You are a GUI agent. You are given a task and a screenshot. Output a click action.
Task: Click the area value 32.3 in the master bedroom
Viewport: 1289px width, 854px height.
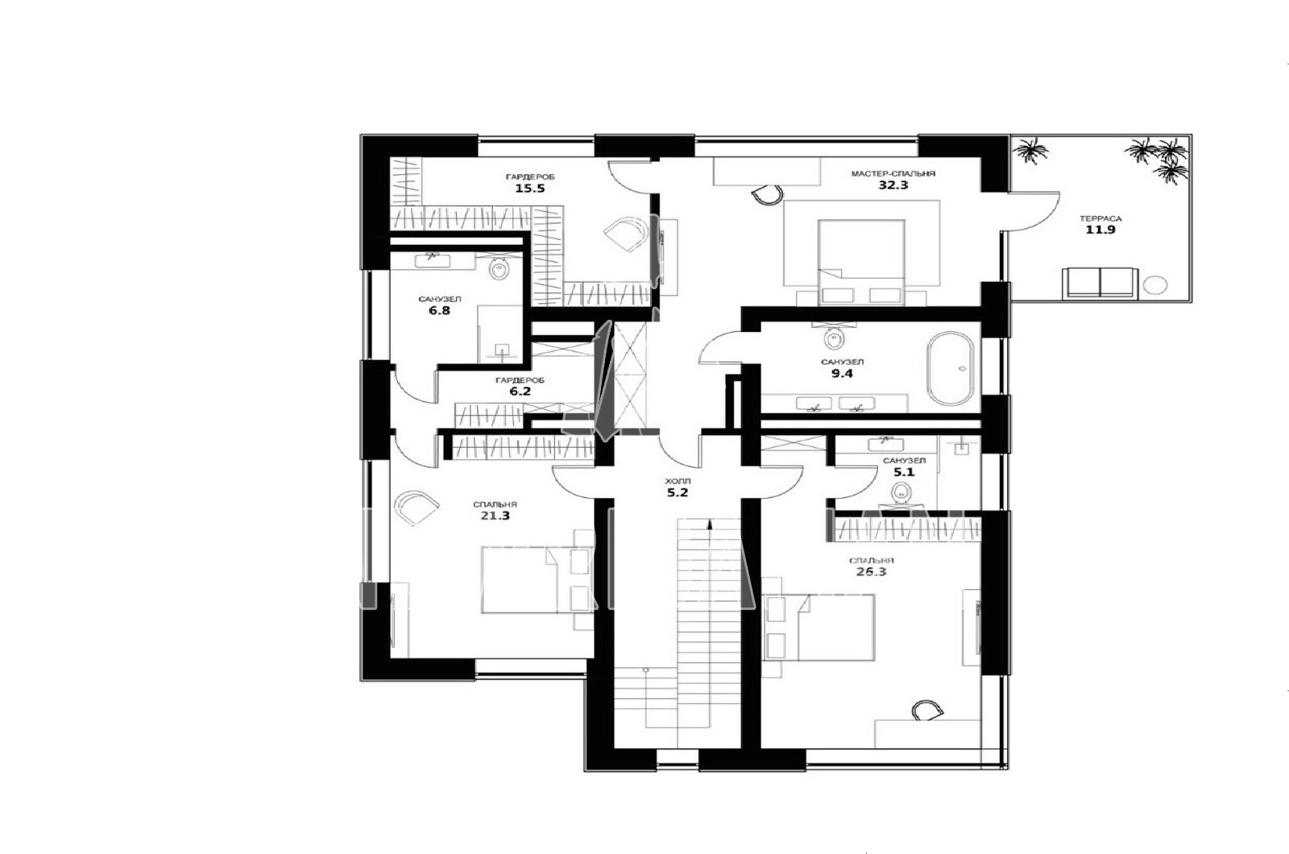pos(893,185)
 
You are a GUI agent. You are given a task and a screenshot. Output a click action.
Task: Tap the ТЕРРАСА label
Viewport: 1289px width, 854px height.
pos(1100,218)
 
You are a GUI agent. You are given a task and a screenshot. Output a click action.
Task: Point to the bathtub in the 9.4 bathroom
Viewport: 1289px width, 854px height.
pos(950,367)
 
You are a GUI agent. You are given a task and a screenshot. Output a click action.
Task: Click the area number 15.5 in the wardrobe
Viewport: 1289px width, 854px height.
pos(530,189)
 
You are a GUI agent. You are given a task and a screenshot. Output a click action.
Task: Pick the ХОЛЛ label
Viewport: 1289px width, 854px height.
pos(678,481)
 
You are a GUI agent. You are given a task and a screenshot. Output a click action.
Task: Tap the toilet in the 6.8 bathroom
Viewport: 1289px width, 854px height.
pos(499,268)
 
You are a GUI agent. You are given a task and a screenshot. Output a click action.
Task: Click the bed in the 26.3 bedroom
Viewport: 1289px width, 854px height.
pos(819,628)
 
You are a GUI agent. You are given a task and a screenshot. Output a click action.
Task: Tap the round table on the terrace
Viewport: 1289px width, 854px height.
pos(1155,285)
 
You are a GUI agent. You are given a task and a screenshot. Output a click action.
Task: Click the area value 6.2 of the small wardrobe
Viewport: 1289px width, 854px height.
pos(520,392)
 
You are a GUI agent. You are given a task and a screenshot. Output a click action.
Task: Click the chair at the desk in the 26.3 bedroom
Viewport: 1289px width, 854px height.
pos(927,710)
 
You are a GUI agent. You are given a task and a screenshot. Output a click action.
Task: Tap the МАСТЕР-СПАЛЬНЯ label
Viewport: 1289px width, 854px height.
pos(893,173)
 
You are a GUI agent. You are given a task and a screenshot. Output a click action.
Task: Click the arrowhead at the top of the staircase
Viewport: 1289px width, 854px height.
pos(710,524)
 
